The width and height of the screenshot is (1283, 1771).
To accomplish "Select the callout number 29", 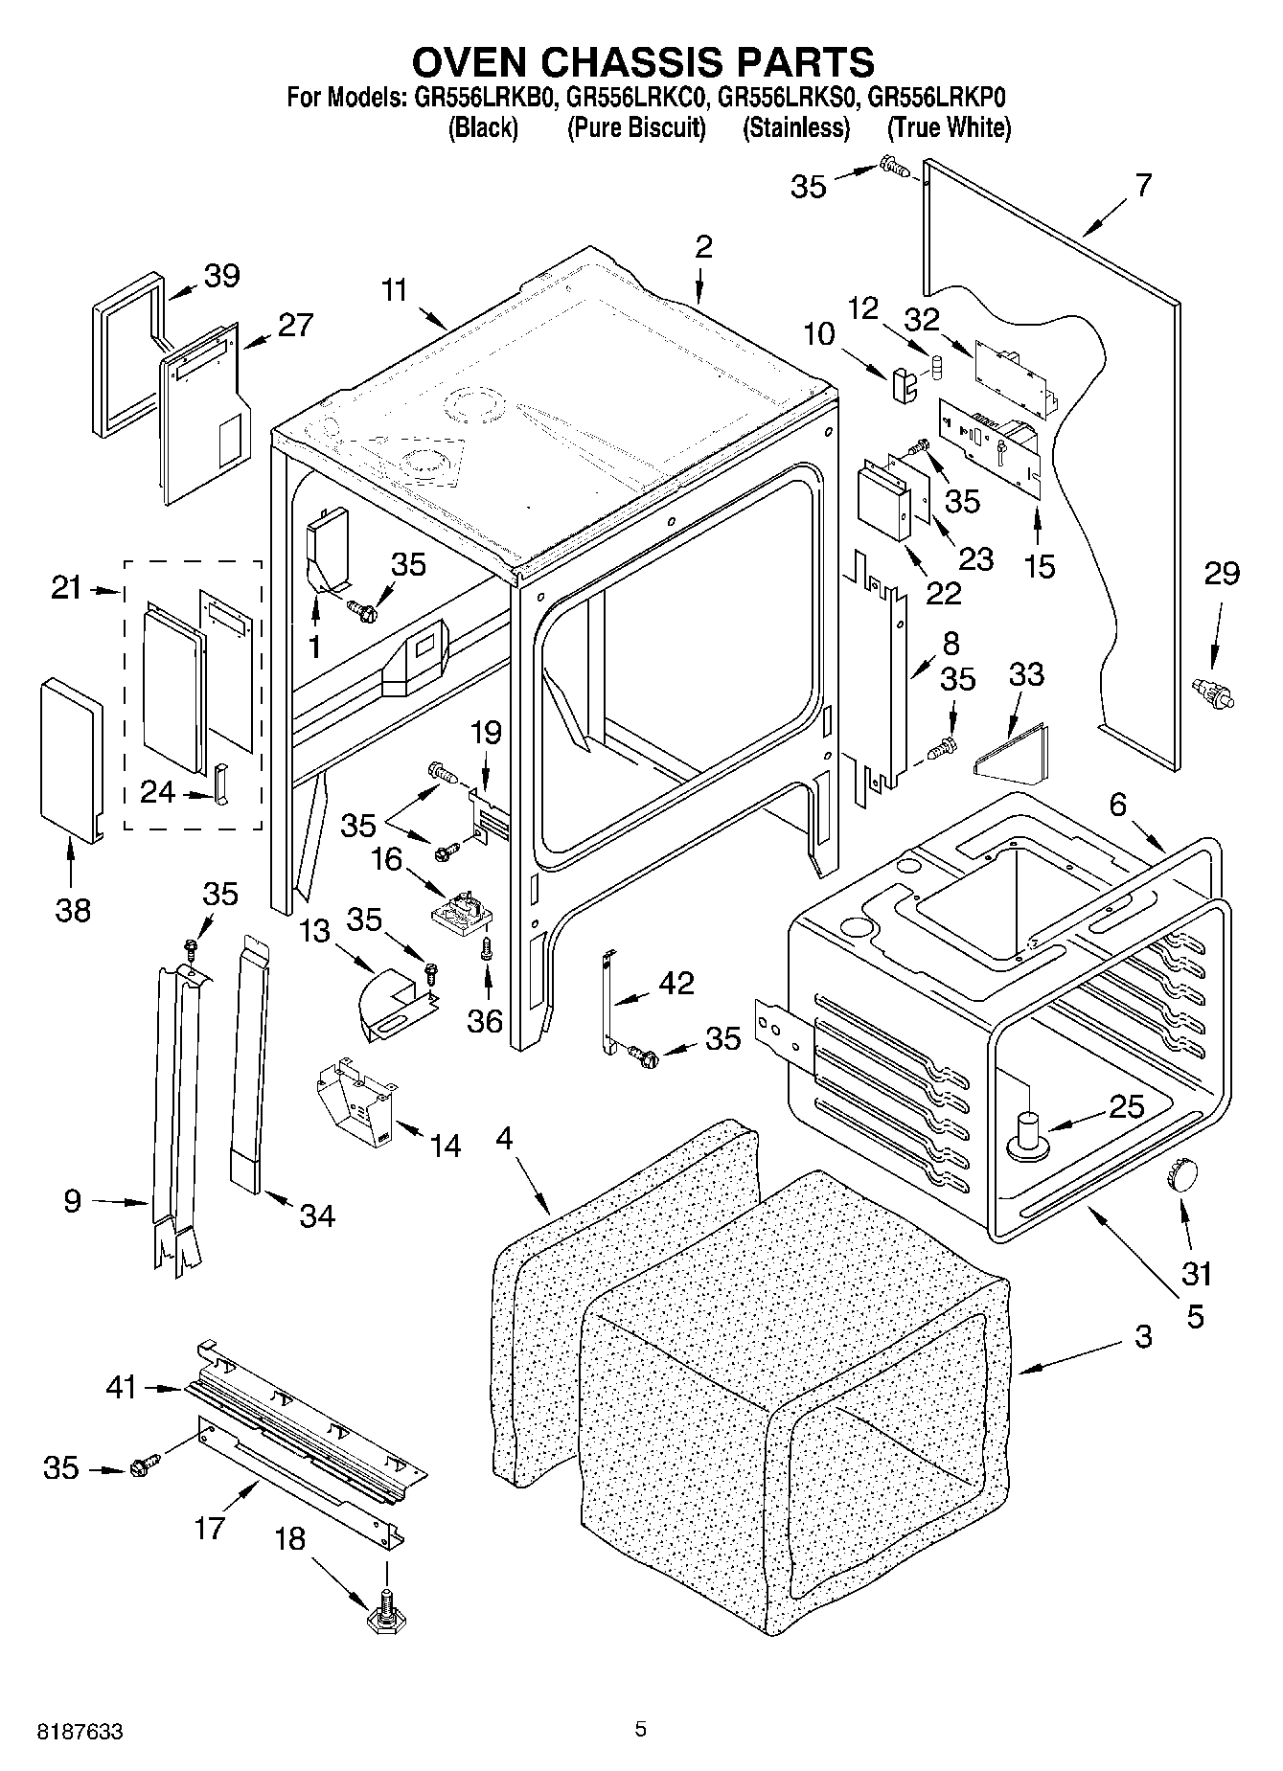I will [x=1221, y=574].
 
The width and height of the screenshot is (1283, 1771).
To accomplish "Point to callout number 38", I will [x=73, y=908].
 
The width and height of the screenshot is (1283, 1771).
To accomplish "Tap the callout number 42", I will [x=676, y=983].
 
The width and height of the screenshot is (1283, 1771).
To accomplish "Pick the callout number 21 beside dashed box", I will [x=66, y=588].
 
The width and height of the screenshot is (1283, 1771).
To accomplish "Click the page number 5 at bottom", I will [x=640, y=1729].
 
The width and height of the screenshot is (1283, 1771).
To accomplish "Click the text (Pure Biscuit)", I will [x=636, y=127].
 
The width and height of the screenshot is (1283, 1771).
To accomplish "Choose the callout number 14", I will [x=445, y=1146].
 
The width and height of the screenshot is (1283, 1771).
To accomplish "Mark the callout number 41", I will [x=122, y=1386].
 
